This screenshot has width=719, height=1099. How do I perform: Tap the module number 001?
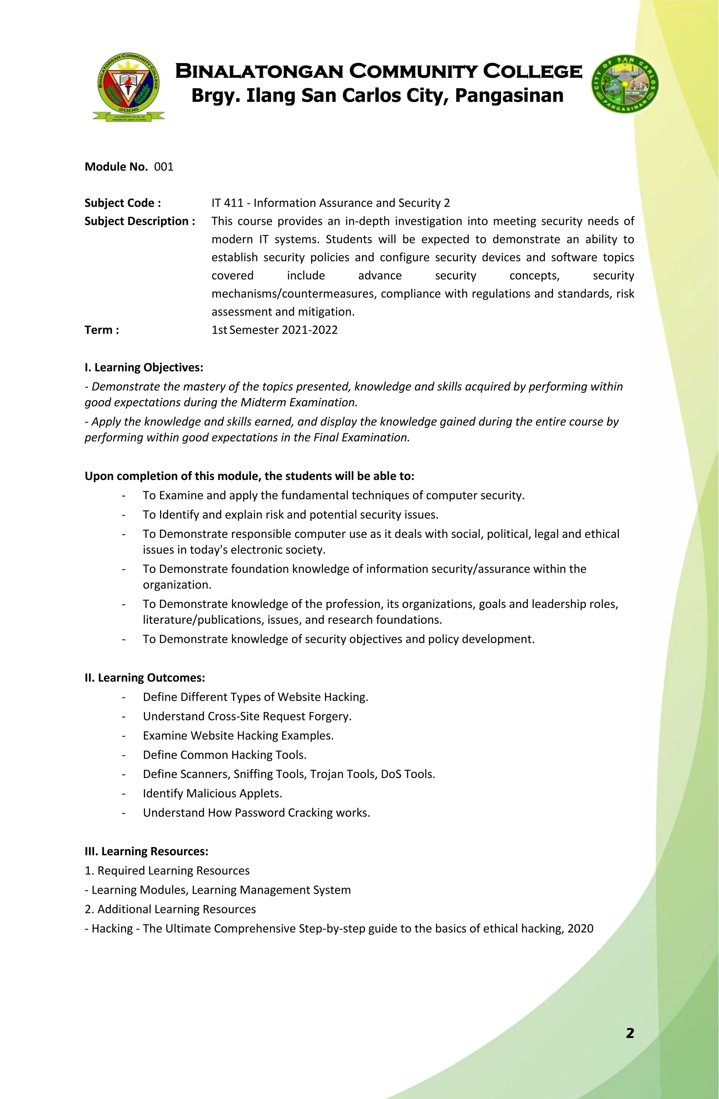(x=164, y=167)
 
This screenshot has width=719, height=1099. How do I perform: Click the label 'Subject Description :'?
(x=139, y=221)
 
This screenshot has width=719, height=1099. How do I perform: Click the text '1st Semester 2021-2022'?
(x=275, y=330)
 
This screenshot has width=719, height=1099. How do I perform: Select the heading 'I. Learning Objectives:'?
(x=144, y=368)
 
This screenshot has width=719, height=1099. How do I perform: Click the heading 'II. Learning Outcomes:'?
(x=145, y=678)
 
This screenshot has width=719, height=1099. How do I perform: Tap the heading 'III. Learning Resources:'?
(x=146, y=851)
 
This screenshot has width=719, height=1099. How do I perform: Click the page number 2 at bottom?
(x=630, y=1033)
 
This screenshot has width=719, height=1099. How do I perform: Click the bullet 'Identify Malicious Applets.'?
(x=212, y=793)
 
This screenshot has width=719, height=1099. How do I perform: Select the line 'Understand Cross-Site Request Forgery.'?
(x=247, y=716)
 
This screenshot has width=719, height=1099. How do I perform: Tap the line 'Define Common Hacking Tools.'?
(x=225, y=754)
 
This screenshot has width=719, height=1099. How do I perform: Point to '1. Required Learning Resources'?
(x=167, y=871)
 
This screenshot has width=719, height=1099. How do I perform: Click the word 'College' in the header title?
(x=532, y=72)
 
